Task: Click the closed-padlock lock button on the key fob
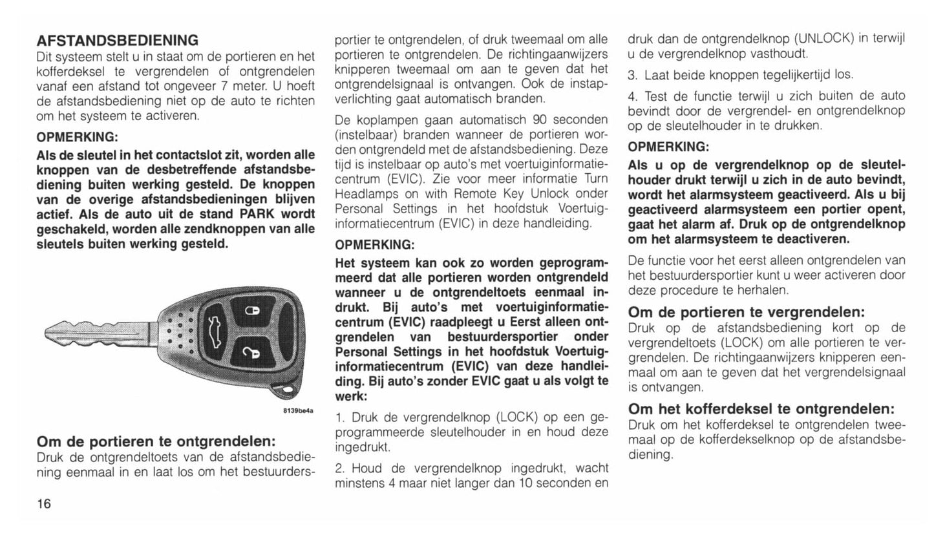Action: click(253, 312)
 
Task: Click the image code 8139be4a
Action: click(298, 411)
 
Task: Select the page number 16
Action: click(44, 503)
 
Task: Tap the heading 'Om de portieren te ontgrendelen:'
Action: click(156, 442)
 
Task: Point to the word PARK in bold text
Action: click(258, 214)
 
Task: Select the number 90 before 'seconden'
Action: click(540, 120)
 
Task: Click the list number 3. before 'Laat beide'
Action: click(633, 75)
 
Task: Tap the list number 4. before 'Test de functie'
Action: click(633, 96)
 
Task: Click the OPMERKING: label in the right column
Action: click(668, 147)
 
